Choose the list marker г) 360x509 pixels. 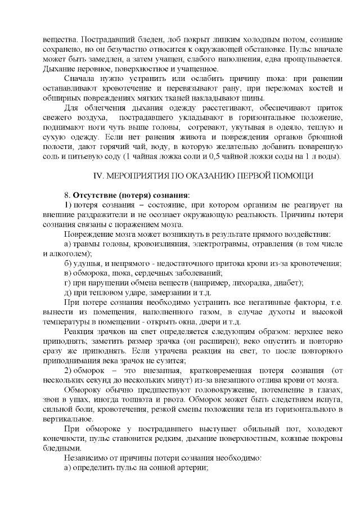click(69, 282)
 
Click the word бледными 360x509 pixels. click(62, 449)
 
